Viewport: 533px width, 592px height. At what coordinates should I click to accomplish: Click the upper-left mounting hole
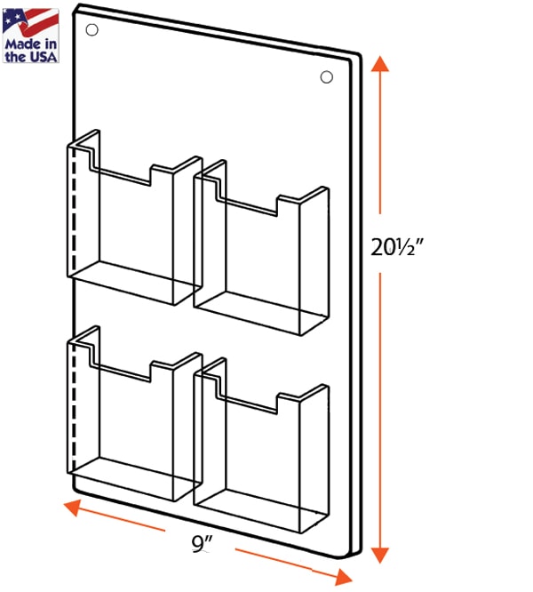(92, 30)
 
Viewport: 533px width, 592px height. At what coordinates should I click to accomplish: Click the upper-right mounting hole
(327, 77)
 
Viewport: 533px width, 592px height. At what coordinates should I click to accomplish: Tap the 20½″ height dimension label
(397, 247)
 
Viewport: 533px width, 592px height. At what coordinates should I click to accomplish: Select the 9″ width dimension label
(202, 544)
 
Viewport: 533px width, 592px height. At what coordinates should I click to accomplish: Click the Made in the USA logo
(30, 36)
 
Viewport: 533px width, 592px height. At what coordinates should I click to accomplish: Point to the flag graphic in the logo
(30, 22)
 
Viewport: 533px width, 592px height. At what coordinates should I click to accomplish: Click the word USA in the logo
(43, 57)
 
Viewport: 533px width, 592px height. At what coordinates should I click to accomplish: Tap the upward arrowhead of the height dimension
(380, 63)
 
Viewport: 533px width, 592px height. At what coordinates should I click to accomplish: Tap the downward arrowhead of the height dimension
(380, 555)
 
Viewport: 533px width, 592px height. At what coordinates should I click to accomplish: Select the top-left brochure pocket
(135, 218)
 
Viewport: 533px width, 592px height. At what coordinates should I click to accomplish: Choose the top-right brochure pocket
(261, 248)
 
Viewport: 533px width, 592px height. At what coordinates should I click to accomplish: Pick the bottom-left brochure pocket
(135, 414)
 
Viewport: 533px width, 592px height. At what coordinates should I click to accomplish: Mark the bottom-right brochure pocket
(261, 445)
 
